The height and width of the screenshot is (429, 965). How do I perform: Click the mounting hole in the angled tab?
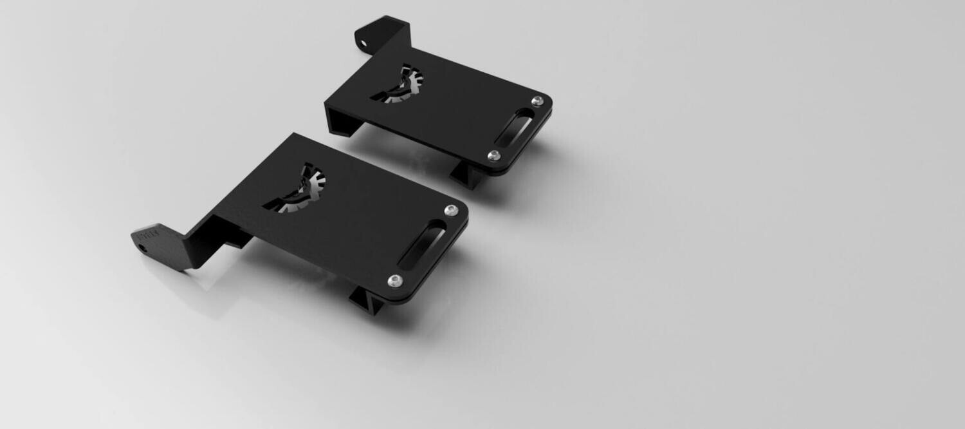(x=141, y=244)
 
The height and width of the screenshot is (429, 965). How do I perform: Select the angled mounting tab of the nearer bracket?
(x=158, y=242)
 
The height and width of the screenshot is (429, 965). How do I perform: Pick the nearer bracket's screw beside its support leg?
(x=394, y=280)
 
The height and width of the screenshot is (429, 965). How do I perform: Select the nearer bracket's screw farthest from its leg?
(x=452, y=210)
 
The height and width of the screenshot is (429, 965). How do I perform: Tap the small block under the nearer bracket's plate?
(x=238, y=238)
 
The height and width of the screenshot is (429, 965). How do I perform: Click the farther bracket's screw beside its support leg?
(x=493, y=155)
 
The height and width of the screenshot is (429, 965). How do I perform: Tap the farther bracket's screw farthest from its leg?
(x=537, y=101)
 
